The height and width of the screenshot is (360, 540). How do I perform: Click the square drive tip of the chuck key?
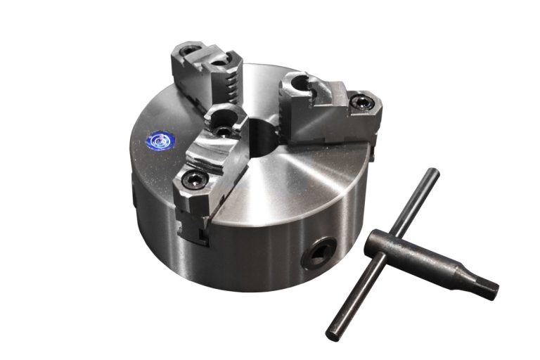click(x=487, y=288)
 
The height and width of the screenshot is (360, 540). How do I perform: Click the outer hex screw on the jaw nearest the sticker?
click(x=191, y=179)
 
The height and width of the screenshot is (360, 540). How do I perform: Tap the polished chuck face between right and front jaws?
click(x=295, y=183)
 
